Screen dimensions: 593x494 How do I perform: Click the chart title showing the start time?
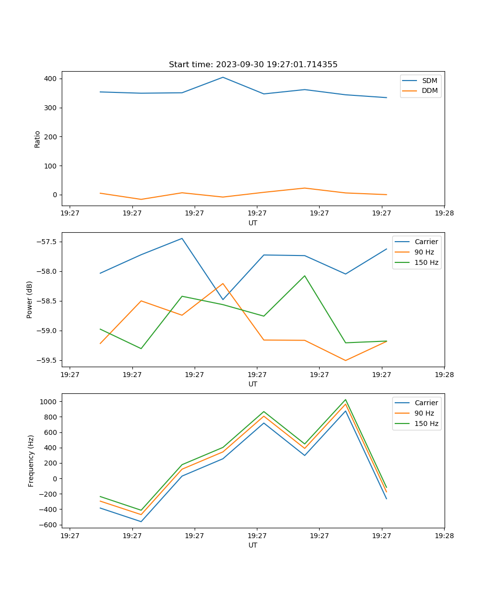(x=253, y=65)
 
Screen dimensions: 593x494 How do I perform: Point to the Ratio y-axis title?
(x=37, y=139)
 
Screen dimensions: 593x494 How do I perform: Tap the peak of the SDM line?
(x=223, y=77)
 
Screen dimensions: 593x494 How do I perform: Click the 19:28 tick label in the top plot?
(x=444, y=213)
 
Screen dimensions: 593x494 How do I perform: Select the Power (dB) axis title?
(x=30, y=299)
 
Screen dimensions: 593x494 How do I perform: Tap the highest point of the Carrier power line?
(x=182, y=238)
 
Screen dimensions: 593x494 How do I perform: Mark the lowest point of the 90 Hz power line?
(x=345, y=360)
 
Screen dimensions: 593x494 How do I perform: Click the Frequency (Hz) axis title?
(x=31, y=461)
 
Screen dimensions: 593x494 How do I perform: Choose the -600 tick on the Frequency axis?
(x=48, y=525)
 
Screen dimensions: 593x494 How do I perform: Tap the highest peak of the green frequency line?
(x=345, y=400)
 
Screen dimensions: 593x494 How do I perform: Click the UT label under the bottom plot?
(x=253, y=545)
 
